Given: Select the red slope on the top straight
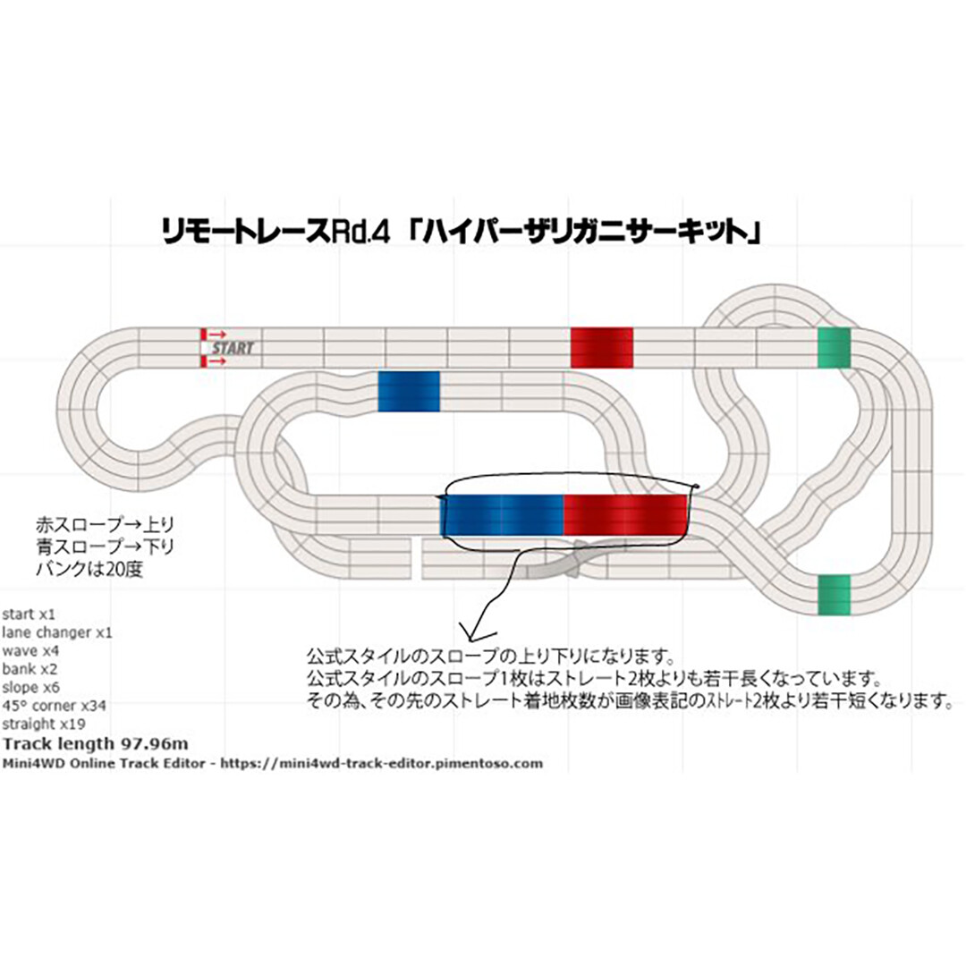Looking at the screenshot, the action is pyautogui.click(x=601, y=347).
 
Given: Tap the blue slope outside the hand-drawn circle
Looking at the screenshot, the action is pyautogui.click(x=409, y=392).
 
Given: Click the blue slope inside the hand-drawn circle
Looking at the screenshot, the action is pyautogui.click(x=504, y=514).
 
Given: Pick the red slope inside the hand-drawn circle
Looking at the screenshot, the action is pyautogui.click(x=624, y=514).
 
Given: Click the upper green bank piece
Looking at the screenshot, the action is pyautogui.click(x=834, y=348).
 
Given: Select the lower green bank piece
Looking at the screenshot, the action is pyautogui.click(x=834, y=595).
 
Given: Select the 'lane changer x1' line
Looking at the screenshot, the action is pyautogui.click(x=57, y=632).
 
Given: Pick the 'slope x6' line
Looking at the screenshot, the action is pyautogui.click(x=32, y=688).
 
